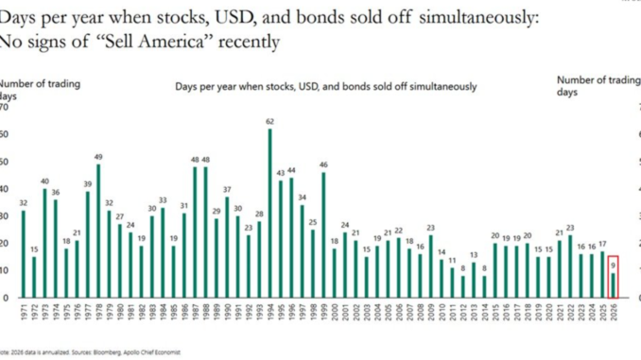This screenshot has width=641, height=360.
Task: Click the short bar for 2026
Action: point(613,285)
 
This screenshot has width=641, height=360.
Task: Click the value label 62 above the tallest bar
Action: point(270,122)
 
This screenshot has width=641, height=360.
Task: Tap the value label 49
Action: point(97,157)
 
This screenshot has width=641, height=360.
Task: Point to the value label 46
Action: point(322,165)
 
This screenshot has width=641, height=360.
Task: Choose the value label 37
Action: point(227,190)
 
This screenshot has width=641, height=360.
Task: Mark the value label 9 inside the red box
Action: point(613,266)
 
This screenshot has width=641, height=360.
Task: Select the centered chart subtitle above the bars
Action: point(325,86)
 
